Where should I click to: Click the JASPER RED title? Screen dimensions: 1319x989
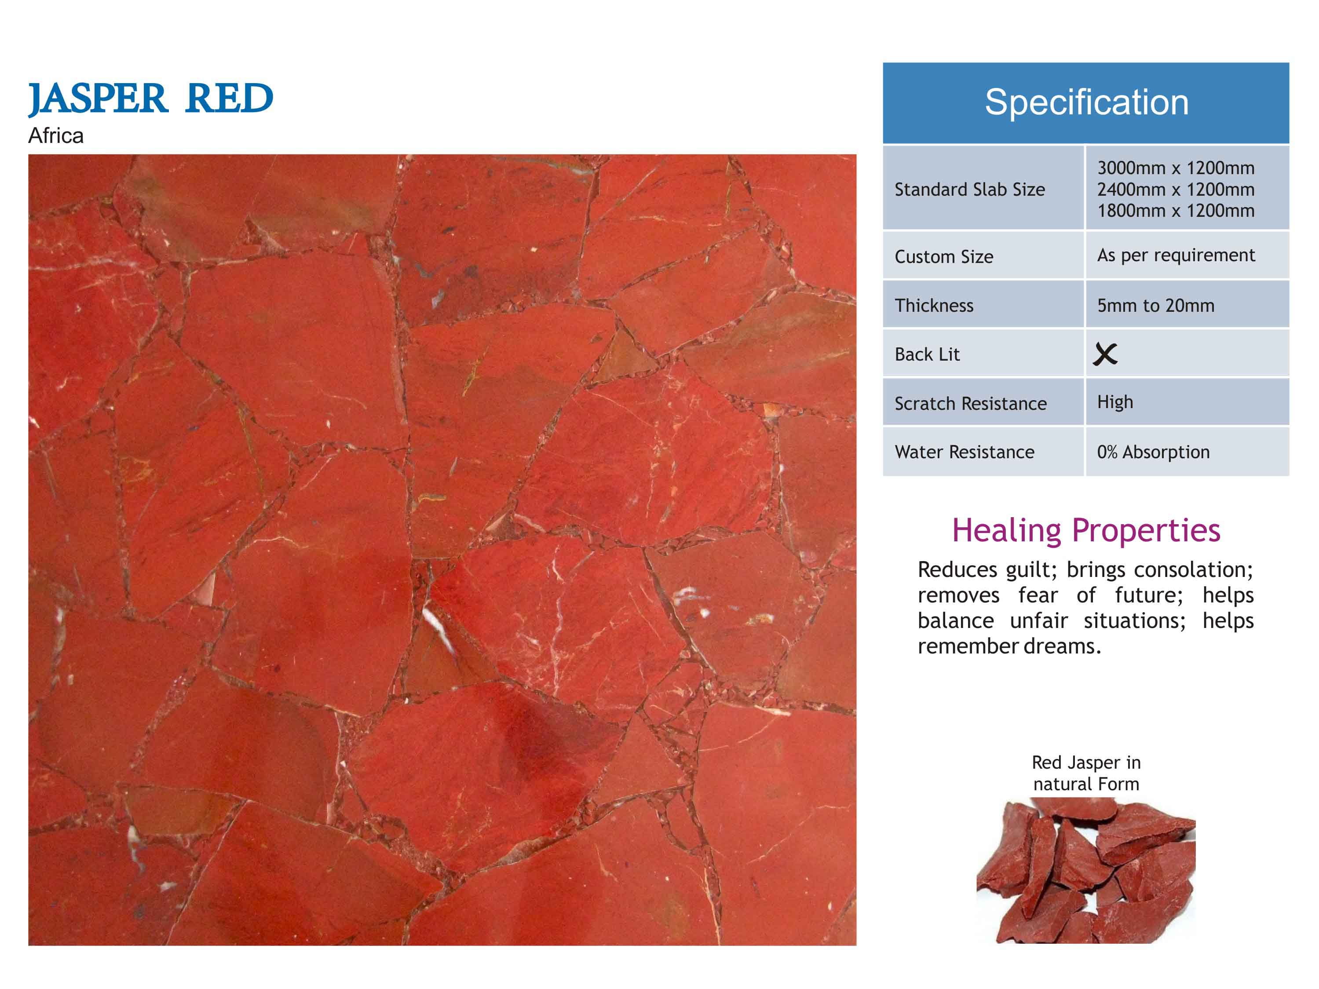tap(151, 99)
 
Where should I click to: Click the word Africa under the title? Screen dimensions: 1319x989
tap(55, 136)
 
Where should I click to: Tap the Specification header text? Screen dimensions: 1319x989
tap(1086, 102)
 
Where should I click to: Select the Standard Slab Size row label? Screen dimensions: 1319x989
tap(970, 190)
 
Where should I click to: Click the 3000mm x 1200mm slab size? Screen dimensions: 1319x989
tap(1176, 168)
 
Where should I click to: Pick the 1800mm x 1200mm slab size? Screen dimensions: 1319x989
tap(1176, 211)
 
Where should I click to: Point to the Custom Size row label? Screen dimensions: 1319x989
tap(944, 257)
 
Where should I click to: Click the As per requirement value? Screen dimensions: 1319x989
tap(1176, 255)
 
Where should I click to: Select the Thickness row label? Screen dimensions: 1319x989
tap(934, 305)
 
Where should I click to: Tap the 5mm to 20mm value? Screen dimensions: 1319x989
tap(1156, 305)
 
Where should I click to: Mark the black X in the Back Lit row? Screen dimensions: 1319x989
tap(1105, 354)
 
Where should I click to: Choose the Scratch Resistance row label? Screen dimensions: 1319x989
tap(970, 404)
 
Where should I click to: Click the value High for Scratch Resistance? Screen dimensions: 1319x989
tap(1115, 402)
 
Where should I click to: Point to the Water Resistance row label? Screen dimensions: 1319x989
tap(964, 452)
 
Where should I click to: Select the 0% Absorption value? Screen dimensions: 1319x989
tap(1153, 452)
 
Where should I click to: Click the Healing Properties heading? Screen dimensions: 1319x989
tap(1086, 530)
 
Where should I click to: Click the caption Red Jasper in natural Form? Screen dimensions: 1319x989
tap(1086, 773)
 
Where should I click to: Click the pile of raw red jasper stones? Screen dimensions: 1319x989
tap(1086, 870)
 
